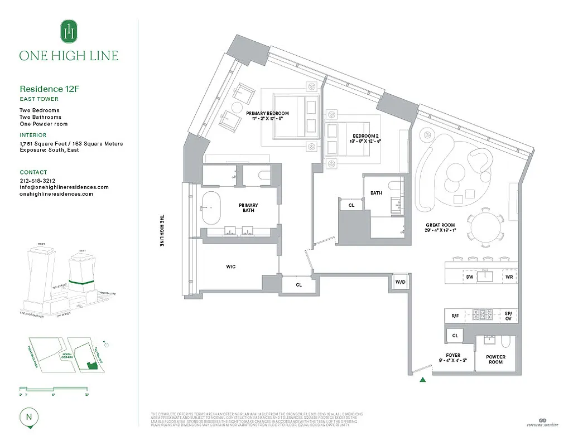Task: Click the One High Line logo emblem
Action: click(69, 31)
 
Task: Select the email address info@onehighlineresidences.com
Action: click(64, 187)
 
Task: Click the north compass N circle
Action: click(27, 416)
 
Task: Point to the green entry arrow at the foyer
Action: click(423, 380)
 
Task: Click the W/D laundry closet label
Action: click(401, 282)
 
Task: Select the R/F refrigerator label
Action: click(455, 316)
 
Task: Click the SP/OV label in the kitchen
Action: click(508, 315)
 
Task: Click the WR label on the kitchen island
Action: click(509, 277)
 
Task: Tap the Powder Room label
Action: click(495, 360)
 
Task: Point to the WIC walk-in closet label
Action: click(231, 266)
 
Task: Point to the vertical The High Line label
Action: click(162, 230)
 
